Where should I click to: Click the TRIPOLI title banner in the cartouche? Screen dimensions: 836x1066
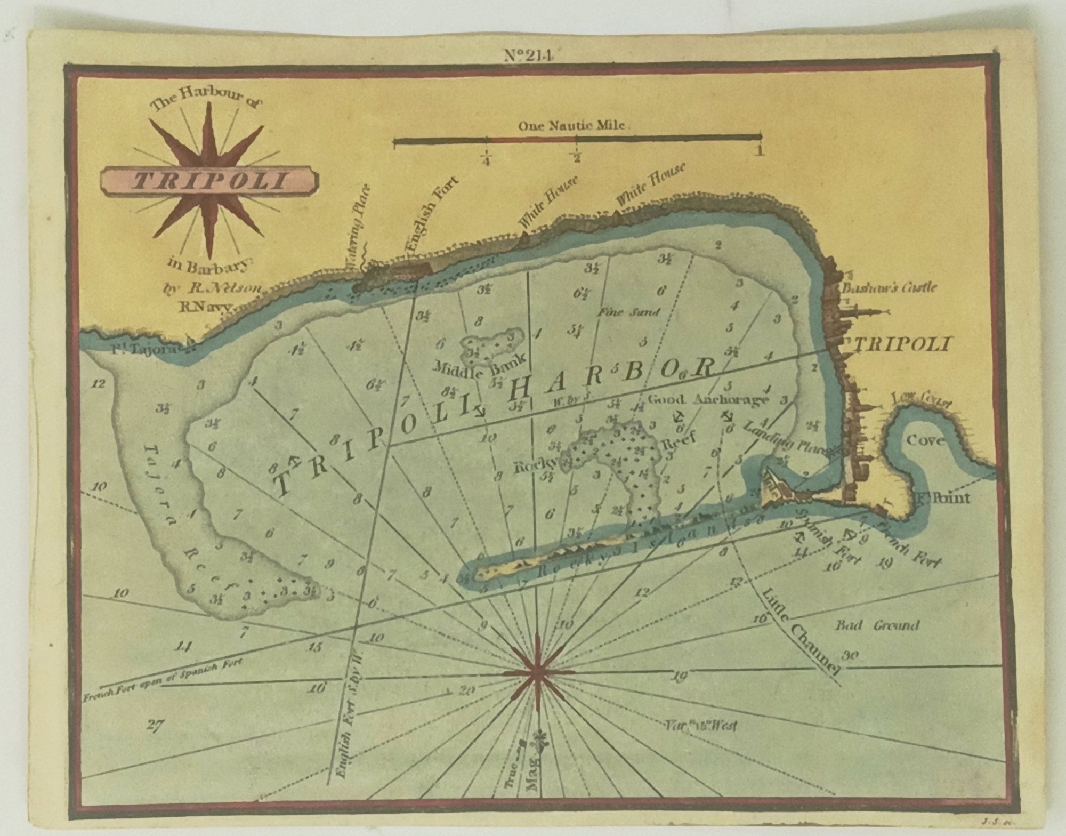pyautogui.click(x=209, y=182)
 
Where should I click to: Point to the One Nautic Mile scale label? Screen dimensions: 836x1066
pyautogui.click(x=571, y=126)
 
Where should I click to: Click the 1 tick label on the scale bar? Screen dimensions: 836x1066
pyautogui.click(x=760, y=151)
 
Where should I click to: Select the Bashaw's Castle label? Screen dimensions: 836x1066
pyautogui.click(x=889, y=288)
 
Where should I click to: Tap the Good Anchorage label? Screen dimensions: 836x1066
pyautogui.click(x=708, y=399)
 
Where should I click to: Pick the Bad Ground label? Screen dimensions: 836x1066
pyautogui.click(x=877, y=625)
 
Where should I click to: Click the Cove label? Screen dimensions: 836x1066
pyautogui.click(x=926, y=440)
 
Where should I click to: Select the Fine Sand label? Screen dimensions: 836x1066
pyautogui.click(x=629, y=312)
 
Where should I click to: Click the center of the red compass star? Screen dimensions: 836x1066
pyautogui.click(x=538, y=673)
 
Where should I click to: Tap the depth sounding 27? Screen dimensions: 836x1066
pyautogui.click(x=155, y=726)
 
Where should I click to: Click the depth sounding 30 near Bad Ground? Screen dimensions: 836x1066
pyautogui.click(x=850, y=655)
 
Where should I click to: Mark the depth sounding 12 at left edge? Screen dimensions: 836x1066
pyautogui.click(x=98, y=383)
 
